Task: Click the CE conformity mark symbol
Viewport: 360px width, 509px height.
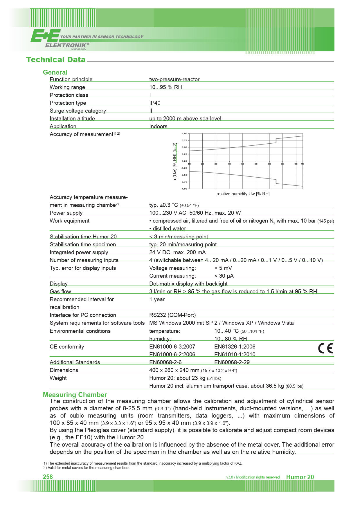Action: (x=325, y=348)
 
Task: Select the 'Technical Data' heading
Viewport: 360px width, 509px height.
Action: (x=56, y=60)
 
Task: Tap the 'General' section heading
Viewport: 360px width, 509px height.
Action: (x=55, y=72)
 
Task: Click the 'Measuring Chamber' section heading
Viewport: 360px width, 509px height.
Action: (x=75, y=395)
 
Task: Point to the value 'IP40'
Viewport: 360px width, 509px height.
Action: (x=155, y=103)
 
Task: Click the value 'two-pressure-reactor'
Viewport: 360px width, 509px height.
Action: (x=174, y=80)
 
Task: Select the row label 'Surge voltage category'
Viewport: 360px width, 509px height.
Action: (x=78, y=111)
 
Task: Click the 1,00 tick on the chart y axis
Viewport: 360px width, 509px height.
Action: (x=184, y=133)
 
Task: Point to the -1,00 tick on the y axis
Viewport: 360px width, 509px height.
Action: (x=184, y=189)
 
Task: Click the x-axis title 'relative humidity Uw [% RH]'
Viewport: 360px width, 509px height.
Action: (x=243, y=194)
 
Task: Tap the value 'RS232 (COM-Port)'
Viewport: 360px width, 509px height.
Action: (x=172, y=315)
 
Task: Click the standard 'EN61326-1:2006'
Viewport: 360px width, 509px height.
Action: (x=235, y=347)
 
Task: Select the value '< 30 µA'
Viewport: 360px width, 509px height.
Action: (x=224, y=276)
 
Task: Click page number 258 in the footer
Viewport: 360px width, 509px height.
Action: (x=48, y=477)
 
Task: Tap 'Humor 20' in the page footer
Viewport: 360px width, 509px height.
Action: (x=300, y=477)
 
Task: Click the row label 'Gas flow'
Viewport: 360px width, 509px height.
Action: (x=60, y=292)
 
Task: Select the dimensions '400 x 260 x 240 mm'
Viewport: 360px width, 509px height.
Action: (x=174, y=370)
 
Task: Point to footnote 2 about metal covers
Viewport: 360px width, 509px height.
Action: (x=86, y=468)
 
